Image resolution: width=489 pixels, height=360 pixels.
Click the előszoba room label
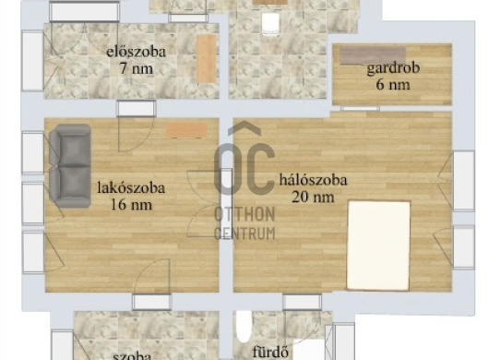136,52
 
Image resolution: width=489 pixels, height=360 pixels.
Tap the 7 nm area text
137,68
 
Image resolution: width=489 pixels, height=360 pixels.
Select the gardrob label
393,68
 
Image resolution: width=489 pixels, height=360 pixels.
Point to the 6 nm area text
393,85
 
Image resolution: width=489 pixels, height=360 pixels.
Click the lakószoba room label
131,188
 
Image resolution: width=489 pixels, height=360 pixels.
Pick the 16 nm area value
132,205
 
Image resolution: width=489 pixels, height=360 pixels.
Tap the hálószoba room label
313,180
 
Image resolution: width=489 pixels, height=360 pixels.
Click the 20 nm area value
313,198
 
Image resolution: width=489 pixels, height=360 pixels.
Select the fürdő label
270,353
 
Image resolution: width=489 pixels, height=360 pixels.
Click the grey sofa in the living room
70,165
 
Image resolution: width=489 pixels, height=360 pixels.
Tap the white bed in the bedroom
378,246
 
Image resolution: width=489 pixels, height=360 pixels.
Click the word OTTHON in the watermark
244,214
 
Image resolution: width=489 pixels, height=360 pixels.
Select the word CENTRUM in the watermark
244,234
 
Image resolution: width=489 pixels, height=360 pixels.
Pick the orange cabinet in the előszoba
207,59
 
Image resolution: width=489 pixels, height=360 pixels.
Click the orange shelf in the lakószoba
186,130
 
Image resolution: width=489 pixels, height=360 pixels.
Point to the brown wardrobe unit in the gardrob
373,55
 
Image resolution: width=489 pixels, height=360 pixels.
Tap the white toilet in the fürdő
244,326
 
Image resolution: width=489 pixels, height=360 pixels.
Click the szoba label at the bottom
132,356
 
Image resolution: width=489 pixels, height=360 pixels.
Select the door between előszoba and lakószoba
137,109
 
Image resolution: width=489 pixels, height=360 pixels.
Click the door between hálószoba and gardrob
360,108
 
